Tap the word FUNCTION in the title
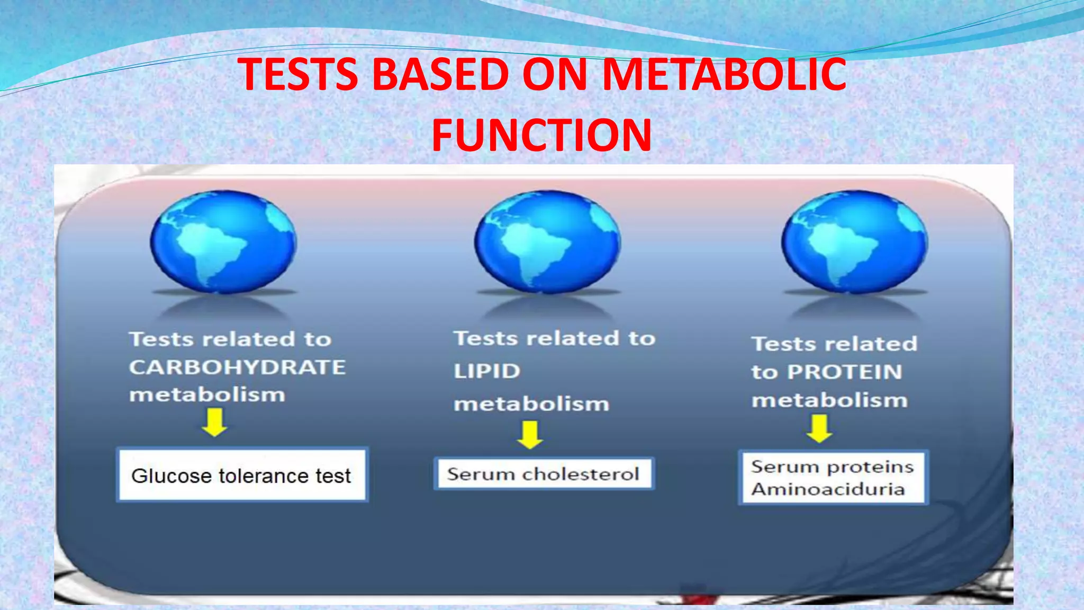click(x=541, y=135)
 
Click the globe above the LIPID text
click(x=547, y=242)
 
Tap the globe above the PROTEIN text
click(x=854, y=242)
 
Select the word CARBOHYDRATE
click(x=237, y=367)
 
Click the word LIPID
click(x=487, y=371)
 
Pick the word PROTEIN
click(x=845, y=372)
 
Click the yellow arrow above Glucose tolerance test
click(x=214, y=424)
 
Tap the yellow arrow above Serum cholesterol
click(x=530, y=435)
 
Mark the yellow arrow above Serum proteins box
click(x=819, y=428)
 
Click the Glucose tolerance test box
click(x=241, y=475)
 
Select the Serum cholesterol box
click(x=544, y=473)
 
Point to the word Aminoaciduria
click(x=828, y=489)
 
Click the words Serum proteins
click(x=832, y=467)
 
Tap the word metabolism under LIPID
click(x=531, y=404)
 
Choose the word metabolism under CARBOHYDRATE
click(x=207, y=394)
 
